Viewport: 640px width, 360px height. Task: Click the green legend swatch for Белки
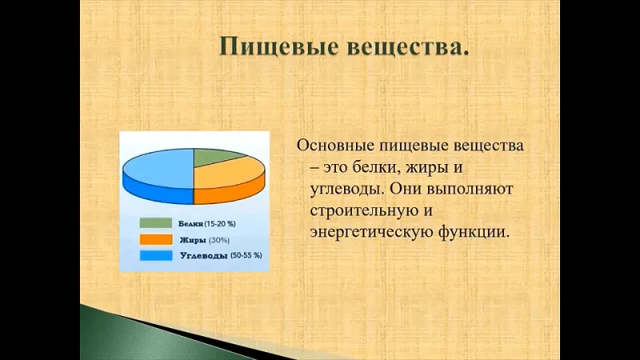[x=156, y=223]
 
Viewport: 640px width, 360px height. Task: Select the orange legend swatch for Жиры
[x=156, y=239]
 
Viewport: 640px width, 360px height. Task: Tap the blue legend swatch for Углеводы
[x=156, y=255]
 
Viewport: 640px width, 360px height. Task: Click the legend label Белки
[x=190, y=224]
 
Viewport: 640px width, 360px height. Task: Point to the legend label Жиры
[x=193, y=240]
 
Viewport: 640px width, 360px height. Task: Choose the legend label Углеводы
[x=204, y=256]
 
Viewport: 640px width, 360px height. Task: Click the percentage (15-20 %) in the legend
[x=220, y=224]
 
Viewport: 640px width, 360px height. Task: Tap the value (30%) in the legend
[x=219, y=240]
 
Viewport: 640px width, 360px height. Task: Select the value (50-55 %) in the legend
[x=246, y=255]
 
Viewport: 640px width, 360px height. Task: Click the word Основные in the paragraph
[x=334, y=146]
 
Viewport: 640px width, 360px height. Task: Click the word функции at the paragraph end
[x=474, y=233]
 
